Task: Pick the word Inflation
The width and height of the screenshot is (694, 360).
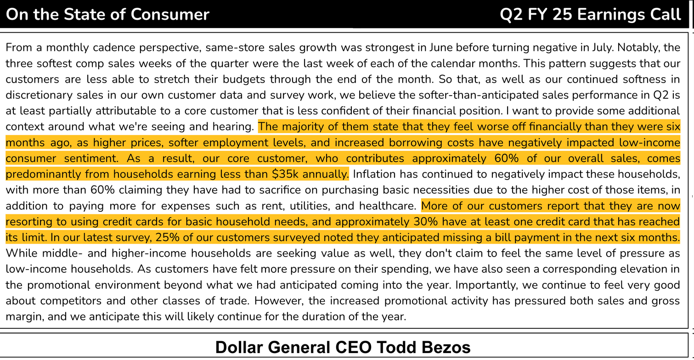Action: click(373, 174)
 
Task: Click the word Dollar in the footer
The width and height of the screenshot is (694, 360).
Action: click(239, 347)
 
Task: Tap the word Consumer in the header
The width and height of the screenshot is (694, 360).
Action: click(170, 14)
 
